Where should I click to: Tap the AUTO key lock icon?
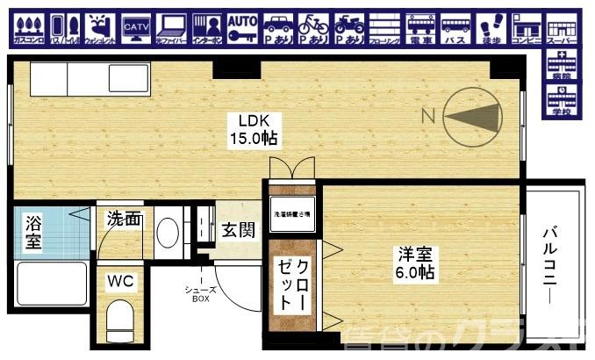pyautogui.click(x=242, y=29)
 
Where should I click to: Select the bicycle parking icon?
pyautogui.click(x=313, y=29)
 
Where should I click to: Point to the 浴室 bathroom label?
pyautogui.click(x=32, y=232)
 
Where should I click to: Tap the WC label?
pyautogui.click(x=119, y=283)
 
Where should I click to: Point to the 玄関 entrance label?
pyautogui.click(x=238, y=231)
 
